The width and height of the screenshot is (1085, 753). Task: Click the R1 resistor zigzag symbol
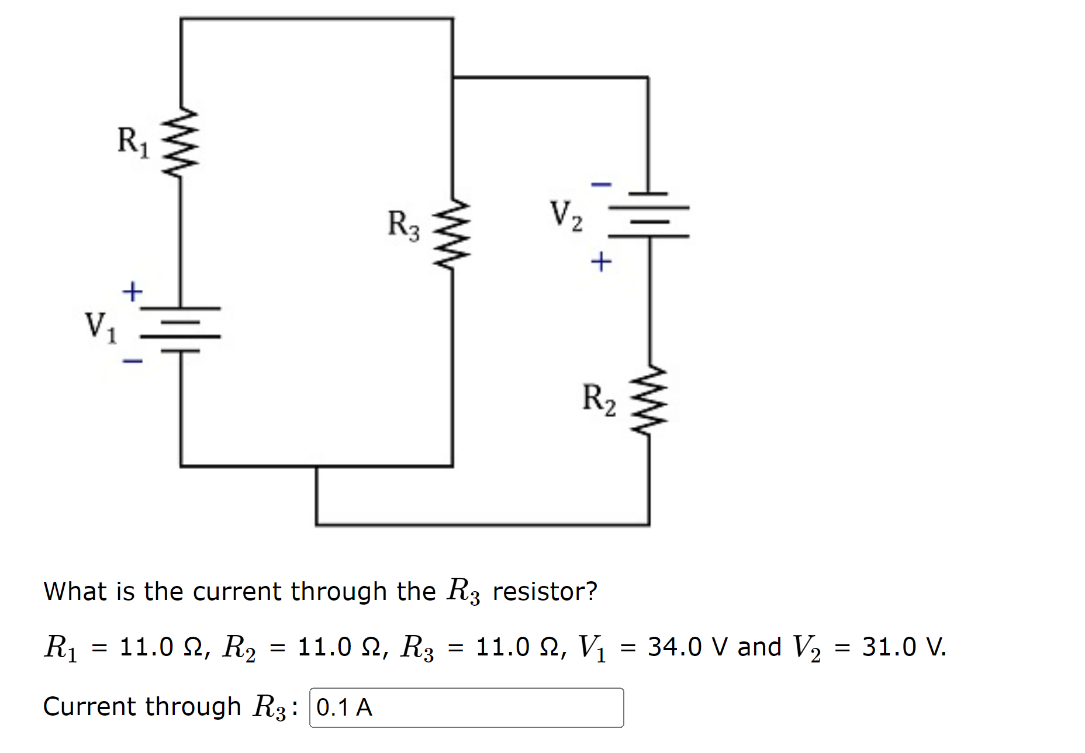pyautogui.click(x=180, y=141)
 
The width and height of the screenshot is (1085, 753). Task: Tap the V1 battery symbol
pyautogui.click(x=180, y=329)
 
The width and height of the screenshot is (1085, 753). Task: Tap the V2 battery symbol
pyautogui.click(x=648, y=215)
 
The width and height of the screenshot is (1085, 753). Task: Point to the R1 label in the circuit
pyautogui.click(x=133, y=142)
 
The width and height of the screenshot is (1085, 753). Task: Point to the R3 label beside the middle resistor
pyautogui.click(x=403, y=225)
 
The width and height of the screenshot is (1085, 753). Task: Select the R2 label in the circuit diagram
pyautogui.click(x=599, y=400)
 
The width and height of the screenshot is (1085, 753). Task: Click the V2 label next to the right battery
pyautogui.click(x=565, y=214)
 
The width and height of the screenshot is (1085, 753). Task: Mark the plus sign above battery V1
pyautogui.click(x=132, y=291)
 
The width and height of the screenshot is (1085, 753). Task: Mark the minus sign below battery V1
pyautogui.click(x=132, y=361)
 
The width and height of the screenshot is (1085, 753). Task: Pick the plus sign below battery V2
pyautogui.click(x=601, y=261)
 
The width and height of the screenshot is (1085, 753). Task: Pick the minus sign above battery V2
pyautogui.click(x=601, y=185)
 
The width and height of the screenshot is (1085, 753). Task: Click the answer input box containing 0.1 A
pyautogui.click(x=466, y=707)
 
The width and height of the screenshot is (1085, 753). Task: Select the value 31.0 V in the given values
pyautogui.click(x=903, y=647)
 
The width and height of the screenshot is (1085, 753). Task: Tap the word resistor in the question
pyautogui.click(x=544, y=591)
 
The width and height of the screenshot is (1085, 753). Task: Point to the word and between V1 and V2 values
pyautogui.click(x=759, y=647)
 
